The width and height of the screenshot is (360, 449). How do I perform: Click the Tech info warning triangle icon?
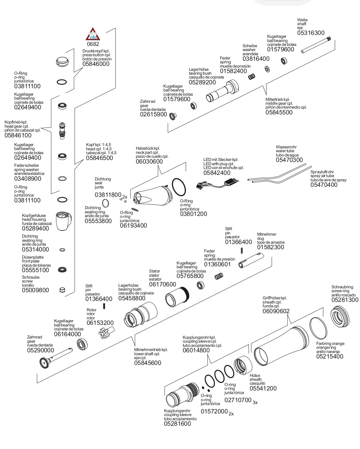pos(93,34)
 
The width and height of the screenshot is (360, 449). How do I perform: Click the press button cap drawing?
pos(62,61)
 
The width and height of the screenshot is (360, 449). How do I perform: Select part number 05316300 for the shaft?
pos(311,33)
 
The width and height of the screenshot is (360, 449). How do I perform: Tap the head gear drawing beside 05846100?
pos(62,130)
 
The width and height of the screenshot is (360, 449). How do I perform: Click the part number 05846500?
pos(99,158)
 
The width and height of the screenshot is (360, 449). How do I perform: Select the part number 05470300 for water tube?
pos(289,160)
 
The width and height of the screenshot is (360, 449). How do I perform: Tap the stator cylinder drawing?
pos(177,296)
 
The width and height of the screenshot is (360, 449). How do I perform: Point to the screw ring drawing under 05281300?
pos(340,315)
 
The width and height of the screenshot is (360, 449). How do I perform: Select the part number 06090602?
pos(276,311)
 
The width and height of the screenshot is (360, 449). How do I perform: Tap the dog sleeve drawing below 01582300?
pos(252,261)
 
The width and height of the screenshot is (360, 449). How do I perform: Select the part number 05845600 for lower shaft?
pos(147,363)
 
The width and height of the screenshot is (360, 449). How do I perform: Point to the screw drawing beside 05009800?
pos(62,290)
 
